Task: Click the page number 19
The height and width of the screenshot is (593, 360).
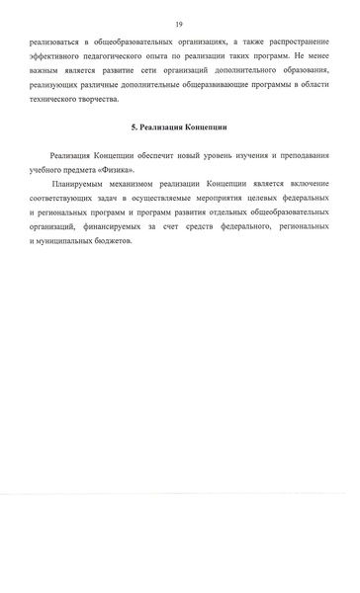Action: point(179,23)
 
